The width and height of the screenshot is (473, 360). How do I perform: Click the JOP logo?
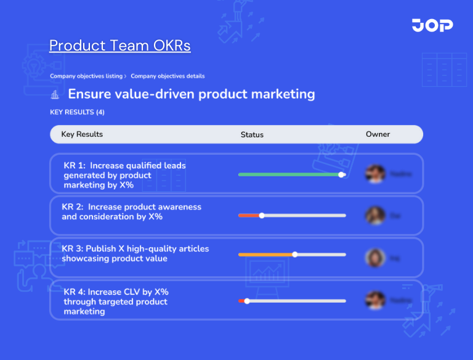pyautogui.click(x=432, y=25)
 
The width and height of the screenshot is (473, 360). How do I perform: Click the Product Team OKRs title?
pyautogui.click(x=119, y=46)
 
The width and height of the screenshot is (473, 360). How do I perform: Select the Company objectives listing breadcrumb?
pyautogui.click(x=86, y=76)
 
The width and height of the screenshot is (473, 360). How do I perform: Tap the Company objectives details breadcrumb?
pyautogui.click(x=168, y=76)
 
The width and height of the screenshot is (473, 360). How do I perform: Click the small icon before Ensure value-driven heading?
pyautogui.click(x=55, y=94)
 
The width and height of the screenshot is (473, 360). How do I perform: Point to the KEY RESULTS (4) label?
pyautogui.click(x=77, y=112)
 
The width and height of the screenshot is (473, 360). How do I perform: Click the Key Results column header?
pyautogui.click(x=82, y=134)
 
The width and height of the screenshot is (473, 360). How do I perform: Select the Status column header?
pyautogui.click(x=252, y=134)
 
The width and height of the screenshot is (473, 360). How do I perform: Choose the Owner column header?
pyautogui.click(x=378, y=134)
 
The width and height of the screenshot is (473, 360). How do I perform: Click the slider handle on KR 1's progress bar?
pyautogui.click(x=342, y=174)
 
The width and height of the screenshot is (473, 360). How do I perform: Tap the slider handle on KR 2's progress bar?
pyautogui.click(x=262, y=216)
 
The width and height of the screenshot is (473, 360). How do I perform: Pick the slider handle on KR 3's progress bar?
pyautogui.click(x=295, y=255)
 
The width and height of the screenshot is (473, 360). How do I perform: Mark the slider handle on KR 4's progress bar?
pyautogui.click(x=247, y=301)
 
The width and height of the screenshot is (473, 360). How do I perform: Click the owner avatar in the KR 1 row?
pyautogui.click(x=374, y=174)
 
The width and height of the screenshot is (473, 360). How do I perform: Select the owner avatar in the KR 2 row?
pyautogui.click(x=374, y=215)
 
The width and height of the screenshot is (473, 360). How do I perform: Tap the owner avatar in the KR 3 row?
pyautogui.click(x=374, y=258)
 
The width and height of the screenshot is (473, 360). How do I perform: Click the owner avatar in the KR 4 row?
pyautogui.click(x=374, y=300)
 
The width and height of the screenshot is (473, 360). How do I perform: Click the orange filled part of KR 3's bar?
pyautogui.click(x=265, y=255)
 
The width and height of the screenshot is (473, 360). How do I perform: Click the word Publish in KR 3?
pyautogui.click(x=102, y=249)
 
